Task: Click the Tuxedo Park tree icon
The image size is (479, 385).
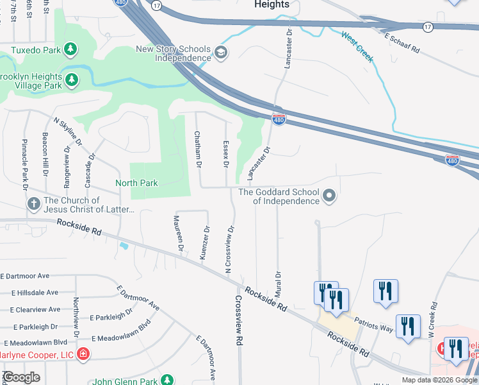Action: click(x=70, y=49)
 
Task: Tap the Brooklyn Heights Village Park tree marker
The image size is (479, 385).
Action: click(x=72, y=80)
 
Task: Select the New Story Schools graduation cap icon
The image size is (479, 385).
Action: click(x=220, y=53)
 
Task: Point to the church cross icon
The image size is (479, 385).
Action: click(x=33, y=204)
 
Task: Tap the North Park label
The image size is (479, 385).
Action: click(x=136, y=183)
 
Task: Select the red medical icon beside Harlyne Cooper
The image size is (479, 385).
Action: click(x=83, y=354)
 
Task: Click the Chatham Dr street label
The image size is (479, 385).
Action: click(x=199, y=150)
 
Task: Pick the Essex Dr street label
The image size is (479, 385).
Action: click(x=225, y=154)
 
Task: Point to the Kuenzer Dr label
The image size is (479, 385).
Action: click(x=206, y=243)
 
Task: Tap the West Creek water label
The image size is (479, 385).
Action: click(x=357, y=47)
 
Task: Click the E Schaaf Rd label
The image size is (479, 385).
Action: click(x=402, y=43)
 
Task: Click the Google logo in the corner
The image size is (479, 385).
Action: click(x=22, y=377)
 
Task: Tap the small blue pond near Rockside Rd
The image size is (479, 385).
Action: click(x=124, y=245)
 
